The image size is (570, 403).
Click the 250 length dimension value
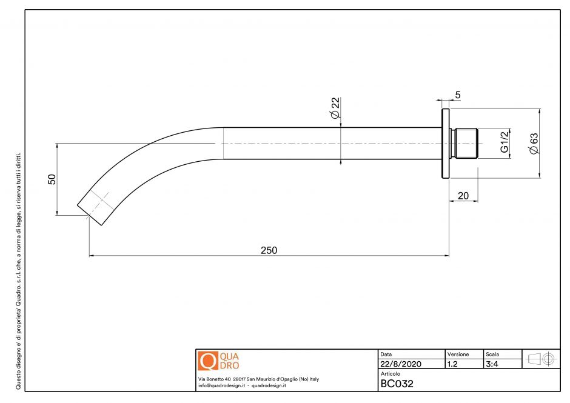pos(269,250)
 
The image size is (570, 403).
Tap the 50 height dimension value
pos(52,179)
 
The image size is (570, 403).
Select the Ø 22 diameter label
pos(335,108)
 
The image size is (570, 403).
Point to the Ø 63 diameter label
pos(534,144)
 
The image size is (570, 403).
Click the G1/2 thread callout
pos(505,142)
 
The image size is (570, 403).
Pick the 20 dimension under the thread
pos(463,196)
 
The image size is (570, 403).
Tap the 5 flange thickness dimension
pos(458,95)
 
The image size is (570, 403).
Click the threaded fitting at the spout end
pos(463,143)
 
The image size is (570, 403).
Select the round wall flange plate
pos(445,144)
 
